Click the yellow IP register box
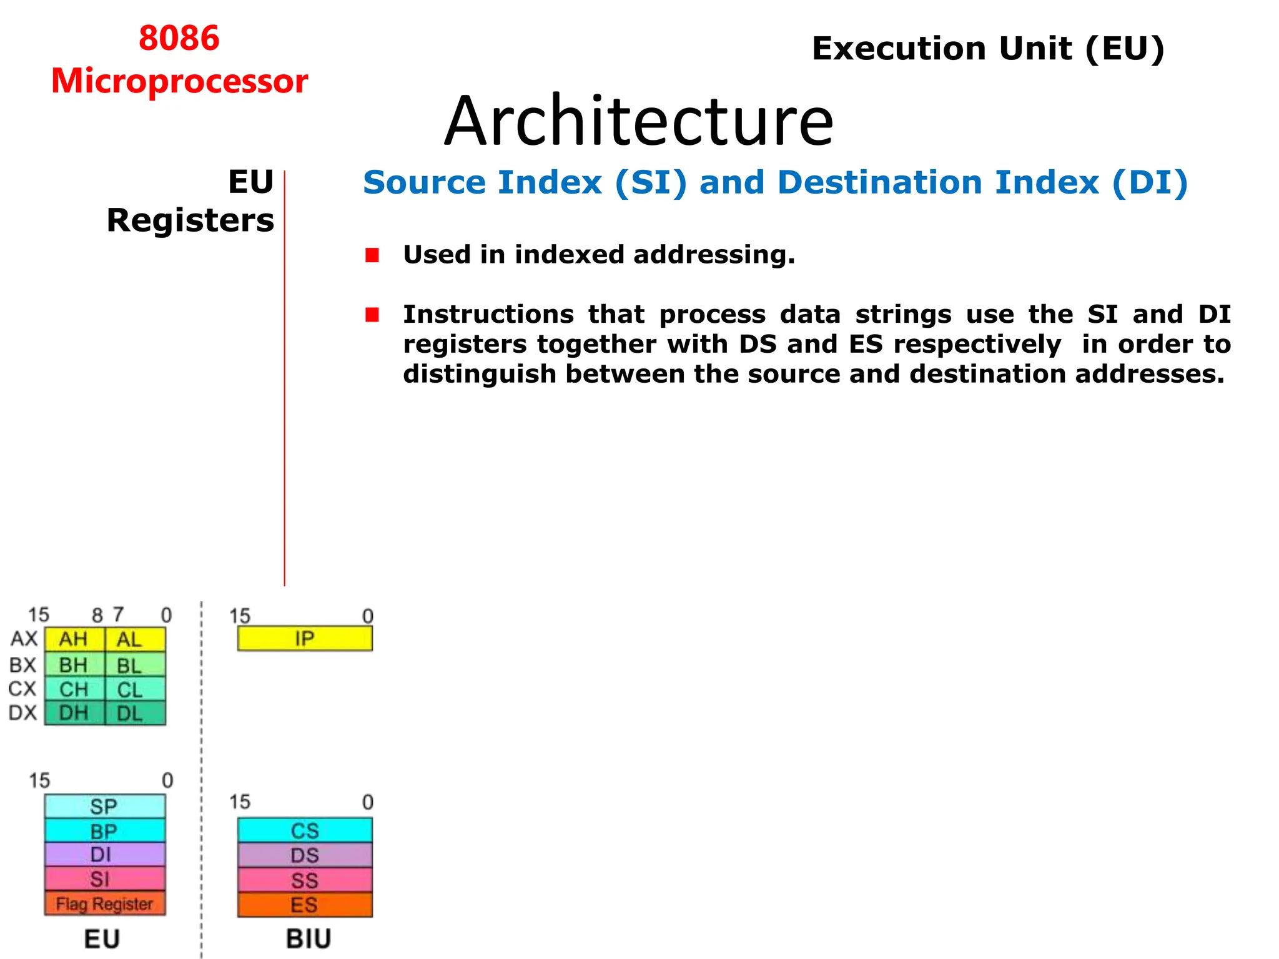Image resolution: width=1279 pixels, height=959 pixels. pos(305,639)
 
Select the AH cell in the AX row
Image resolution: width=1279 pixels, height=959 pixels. pos(74,639)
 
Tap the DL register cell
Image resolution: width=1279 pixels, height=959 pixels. pos(136,713)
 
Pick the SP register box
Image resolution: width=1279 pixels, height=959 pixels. pos(104,806)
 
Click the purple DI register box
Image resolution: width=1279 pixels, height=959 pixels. pos(104,854)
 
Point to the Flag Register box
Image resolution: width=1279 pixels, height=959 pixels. pos(104,903)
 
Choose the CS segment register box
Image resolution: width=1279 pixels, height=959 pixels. pos(305,830)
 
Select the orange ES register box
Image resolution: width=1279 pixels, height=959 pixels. pos(305,905)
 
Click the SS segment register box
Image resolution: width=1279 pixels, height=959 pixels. pos(305,880)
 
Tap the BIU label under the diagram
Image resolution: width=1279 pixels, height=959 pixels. pos(309,939)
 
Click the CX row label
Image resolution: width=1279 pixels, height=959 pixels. pos(22,689)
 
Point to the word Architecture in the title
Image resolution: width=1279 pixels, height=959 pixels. pos(639,121)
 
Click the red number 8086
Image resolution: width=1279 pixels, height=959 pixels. pos(179,38)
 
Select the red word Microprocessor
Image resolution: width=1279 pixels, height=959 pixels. pos(179,81)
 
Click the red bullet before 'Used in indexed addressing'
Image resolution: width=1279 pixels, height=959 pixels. pos(372,255)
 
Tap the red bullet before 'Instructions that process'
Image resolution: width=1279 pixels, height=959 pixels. pos(372,315)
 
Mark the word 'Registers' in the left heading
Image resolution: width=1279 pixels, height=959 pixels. pos(190,220)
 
